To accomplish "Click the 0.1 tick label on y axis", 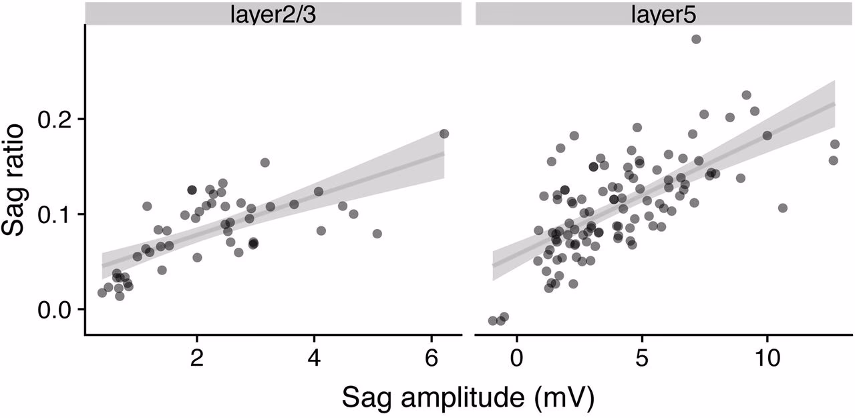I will click(x=58, y=214).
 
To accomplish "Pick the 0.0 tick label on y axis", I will click(x=58, y=310).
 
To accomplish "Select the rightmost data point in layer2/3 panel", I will click(x=444, y=134).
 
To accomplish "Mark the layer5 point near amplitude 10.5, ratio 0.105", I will click(x=783, y=208).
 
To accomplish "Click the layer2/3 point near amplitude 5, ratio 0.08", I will click(x=377, y=234).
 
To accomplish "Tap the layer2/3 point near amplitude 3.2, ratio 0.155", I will click(x=265, y=163).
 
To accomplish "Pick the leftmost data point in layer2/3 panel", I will click(x=102, y=292).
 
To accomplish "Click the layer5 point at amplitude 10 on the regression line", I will click(x=767, y=136).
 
